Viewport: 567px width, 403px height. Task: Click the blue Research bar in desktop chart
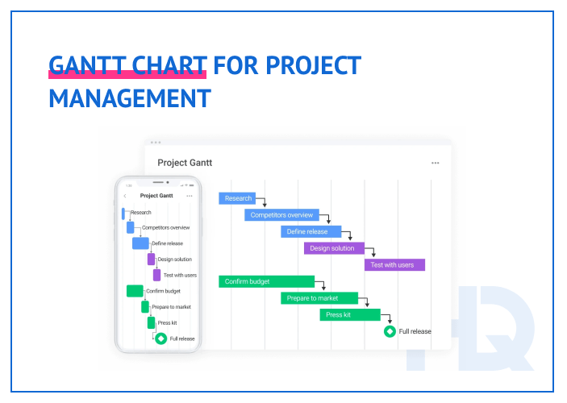[x=237, y=198]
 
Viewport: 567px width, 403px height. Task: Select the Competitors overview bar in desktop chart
[x=281, y=215]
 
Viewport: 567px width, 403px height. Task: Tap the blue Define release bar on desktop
[x=306, y=232]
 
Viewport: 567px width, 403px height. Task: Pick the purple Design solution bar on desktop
[x=334, y=248]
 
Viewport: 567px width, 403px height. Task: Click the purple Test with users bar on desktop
[x=394, y=265]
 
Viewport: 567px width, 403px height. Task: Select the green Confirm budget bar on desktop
[x=266, y=281]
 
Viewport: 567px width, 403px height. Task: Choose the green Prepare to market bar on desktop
[x=319, y=298]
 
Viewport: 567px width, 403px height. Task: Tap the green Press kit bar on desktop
[x=349, y=314]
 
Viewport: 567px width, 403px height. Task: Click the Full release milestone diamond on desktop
[x=390, y=330]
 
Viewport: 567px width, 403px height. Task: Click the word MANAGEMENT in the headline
[x=130, y=98]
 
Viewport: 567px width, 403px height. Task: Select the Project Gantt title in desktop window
[x=185, y=163]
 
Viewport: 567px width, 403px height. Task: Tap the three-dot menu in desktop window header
[x=436, y=163]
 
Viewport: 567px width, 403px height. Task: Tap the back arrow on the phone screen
[x=125, y=196]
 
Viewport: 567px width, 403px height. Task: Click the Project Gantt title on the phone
[x=156, y=196]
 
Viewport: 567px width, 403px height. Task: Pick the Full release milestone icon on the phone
[x=161, y=339]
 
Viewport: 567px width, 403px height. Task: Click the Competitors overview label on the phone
[x=165, y=228]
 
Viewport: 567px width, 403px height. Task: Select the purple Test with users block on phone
[x=156, y=275]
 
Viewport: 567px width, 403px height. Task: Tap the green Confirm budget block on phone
[x=135, y=291]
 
